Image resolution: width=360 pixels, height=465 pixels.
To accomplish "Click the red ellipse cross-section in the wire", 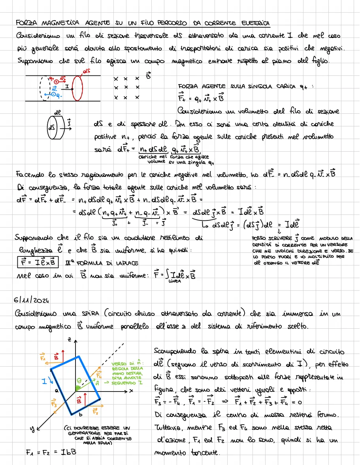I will (x=77, y=88).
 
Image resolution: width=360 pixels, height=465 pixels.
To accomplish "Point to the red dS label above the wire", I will (x=84, y=72).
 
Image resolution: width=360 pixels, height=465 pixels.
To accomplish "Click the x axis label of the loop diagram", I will (x=130, y=390).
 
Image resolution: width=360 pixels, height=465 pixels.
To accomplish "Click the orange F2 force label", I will (x=96, y=412).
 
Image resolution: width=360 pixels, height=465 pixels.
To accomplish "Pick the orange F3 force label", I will (x=54, y=403).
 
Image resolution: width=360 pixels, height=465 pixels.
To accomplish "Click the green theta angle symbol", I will (x=79, y=381).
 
